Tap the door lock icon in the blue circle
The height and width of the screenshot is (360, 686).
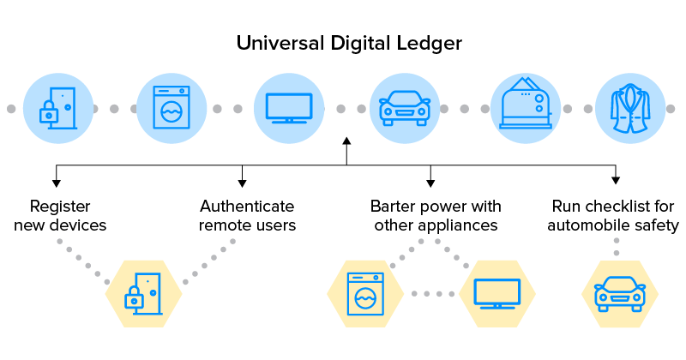click(57, 108)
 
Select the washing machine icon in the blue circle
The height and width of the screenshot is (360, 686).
click(171, 108)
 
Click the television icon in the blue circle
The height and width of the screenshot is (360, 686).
click(288, 108)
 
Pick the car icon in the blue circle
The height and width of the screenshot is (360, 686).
click(404, 108)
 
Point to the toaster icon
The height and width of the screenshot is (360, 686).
click(526, 108)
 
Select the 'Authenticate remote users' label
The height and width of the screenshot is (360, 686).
click(247, 216)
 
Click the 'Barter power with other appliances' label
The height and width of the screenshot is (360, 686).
click(436, 216)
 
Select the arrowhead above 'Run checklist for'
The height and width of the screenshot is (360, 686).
click(615, 180)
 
